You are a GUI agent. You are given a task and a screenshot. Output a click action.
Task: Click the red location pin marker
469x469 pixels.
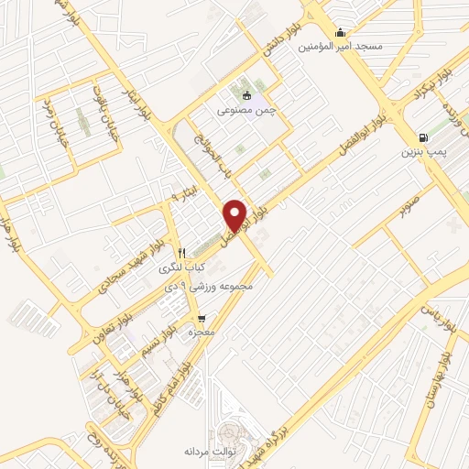pyautogui.click(x=235, y=214)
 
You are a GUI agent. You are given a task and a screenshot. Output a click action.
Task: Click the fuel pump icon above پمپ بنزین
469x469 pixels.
pyautogui.click(x=422, y=135)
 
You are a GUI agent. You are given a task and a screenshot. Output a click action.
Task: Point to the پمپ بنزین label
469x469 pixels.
pyautogui.click(x=420, y=149)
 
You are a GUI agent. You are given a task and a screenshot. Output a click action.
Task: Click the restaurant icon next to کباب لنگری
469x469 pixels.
pyautogui.click(x=181, y=253)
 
